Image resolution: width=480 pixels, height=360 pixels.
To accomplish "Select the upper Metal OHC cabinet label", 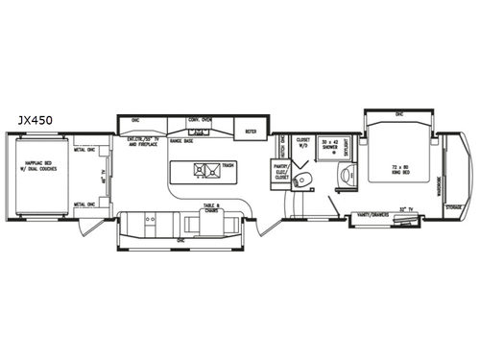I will coord(84,149).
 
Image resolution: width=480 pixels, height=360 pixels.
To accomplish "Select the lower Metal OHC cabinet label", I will coord(84,204).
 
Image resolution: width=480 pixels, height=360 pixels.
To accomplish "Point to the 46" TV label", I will coord(104,177).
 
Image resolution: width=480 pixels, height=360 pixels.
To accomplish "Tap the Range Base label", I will coord(183,141).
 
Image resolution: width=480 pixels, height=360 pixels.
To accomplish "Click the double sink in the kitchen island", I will coord(204,174).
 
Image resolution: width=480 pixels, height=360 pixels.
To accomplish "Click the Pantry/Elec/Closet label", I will coord(282,172).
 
